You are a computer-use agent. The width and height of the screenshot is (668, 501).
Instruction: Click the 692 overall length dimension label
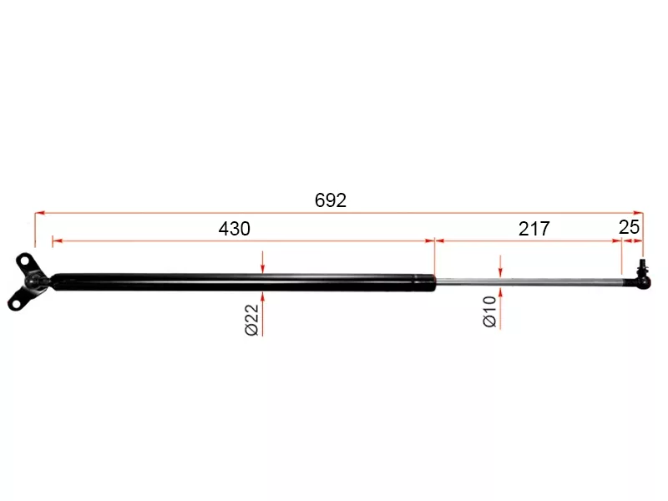click(x=331, y=200)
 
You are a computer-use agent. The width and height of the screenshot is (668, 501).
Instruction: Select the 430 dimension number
click(x=235, y=229)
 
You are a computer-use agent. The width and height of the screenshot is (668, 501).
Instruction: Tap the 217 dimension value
click(x=534, y=229)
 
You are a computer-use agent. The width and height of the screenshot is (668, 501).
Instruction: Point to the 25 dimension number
click(x=630, y=227)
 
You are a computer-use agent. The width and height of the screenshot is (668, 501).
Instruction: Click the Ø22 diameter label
click(x=252, y=320)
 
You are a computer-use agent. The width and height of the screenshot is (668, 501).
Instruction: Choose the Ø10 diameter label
click(x=490, y=311)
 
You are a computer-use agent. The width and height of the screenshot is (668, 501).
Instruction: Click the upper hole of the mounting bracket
click(x=25, y=260)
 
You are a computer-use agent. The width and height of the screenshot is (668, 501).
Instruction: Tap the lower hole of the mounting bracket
click(x=16, y=304)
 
